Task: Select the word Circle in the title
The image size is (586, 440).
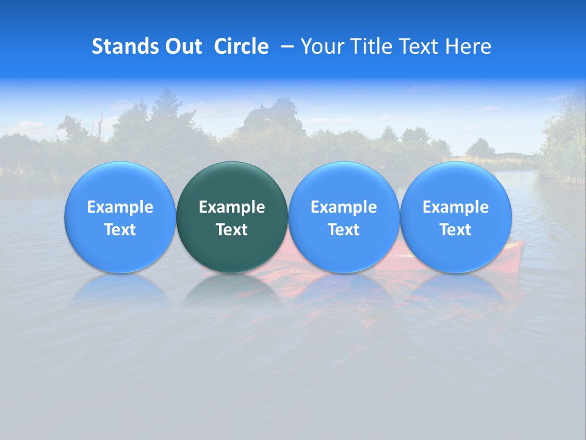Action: point(241,46)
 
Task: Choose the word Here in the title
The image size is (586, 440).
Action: point(468,46)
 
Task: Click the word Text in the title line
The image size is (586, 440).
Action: point(415,46)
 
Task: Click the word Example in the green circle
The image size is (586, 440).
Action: point(232,207)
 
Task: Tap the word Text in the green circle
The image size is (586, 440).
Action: point(232,230)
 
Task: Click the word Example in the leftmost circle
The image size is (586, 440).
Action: point(120,207)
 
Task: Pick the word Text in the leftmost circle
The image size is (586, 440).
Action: point(120,230)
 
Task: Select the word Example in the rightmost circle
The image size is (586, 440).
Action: point(455,207)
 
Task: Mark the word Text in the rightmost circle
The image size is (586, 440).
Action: point(455,230)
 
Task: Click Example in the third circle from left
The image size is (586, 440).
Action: point(344,207)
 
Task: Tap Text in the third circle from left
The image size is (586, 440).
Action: point(344,230)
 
